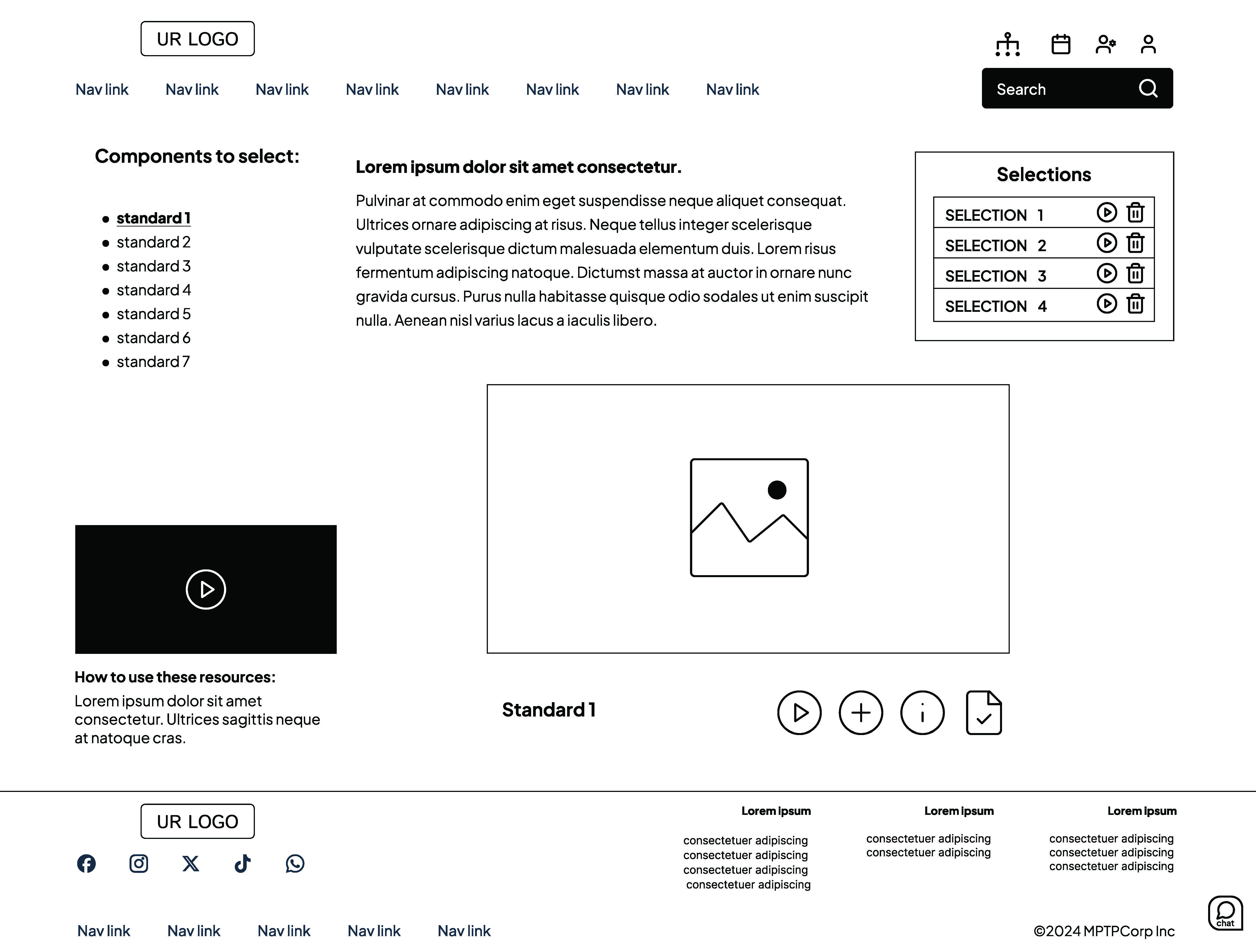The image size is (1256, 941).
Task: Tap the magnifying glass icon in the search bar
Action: point(1148,88)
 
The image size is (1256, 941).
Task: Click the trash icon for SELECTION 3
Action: point(1135,273)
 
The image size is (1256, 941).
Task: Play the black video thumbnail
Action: point(206,589)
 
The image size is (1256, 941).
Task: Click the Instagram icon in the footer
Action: point(139,863)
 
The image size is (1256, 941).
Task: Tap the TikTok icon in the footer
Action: point(243,863)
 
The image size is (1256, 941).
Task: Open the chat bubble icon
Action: point(1225,913)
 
